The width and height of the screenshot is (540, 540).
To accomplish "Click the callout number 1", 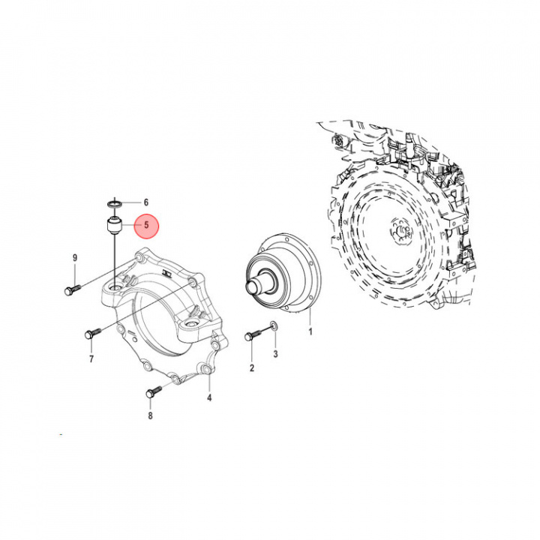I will pos(310,330).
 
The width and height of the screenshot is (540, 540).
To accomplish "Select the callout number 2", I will pos(252,367).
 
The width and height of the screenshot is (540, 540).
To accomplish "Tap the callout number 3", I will pos(275,352).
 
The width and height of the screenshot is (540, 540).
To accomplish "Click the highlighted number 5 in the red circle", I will pos(146,223).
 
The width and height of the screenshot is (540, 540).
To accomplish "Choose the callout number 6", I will pos(146,202).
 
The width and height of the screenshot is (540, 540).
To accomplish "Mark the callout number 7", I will pos(91,359).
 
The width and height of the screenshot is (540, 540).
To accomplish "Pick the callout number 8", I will pos(150,415).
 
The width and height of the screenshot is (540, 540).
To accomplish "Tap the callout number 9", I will pos(75,259).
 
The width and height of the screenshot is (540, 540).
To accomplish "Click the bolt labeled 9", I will pos(72,289).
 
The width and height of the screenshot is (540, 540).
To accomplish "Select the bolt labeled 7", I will pos(92,332).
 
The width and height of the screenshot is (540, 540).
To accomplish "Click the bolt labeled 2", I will pos(251,335).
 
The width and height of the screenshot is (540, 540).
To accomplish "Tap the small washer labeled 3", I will pos(274,325).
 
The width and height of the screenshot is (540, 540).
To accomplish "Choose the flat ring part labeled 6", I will pos(113,202).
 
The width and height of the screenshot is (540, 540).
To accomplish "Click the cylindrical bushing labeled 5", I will pos(113,223).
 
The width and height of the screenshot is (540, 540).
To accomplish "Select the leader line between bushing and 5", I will pos(130,223).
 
